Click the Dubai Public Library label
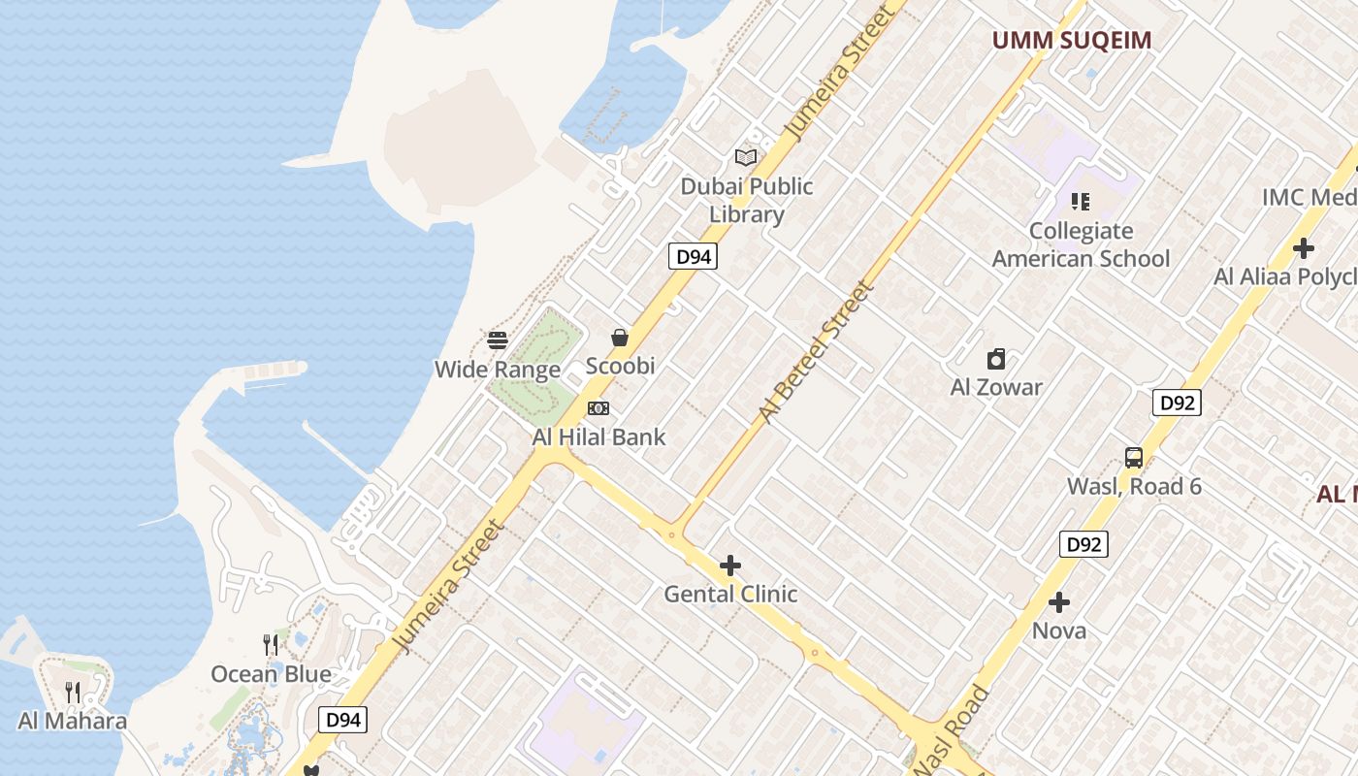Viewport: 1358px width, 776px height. [746, 200]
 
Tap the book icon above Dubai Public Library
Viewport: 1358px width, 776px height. [745, 157]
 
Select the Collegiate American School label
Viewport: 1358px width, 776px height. [1081, 244]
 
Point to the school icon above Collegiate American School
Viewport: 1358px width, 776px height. [1081, 202]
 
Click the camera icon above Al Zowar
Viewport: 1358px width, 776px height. [996, 360]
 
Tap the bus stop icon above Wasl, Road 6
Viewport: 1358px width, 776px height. [1133, 458]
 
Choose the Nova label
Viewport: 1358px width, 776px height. [1059, 630]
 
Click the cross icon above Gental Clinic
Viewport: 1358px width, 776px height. [730, 566]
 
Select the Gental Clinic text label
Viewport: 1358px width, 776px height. [730, 594]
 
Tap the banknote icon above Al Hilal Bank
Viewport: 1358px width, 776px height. [598, 408]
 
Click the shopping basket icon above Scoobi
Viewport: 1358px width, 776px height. [620, 338]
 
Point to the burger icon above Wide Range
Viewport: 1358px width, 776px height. [498, 340]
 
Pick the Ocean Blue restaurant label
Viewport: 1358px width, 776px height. [272, 674]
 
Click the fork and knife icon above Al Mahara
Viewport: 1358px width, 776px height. [73, 692]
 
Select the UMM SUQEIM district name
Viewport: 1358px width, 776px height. [1071, 40]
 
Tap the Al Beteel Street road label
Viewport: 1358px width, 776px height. [816, 352]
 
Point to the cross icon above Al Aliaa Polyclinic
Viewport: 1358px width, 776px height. [1304, 248]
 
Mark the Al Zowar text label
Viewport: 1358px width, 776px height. [996, 387]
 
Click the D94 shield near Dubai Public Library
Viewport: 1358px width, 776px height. [694, 256]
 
